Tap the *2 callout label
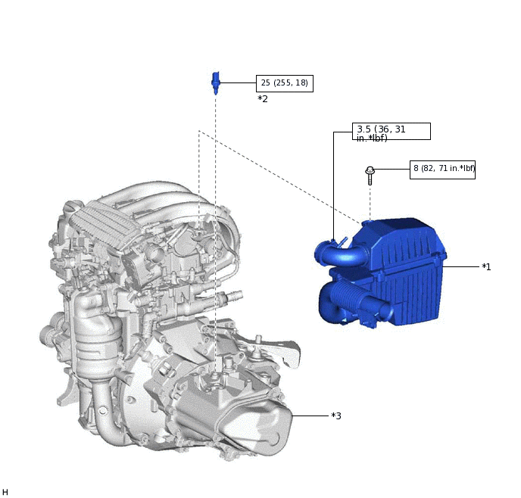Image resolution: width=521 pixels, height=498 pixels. [x=263, y=99]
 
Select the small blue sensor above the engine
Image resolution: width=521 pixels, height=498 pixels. [x=216, y=81]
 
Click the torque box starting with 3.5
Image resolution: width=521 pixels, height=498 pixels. [x=391, y=132]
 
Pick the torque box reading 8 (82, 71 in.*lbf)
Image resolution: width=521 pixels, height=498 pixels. [x=442, y=169]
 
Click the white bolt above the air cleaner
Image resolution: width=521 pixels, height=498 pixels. [x=370, y=176]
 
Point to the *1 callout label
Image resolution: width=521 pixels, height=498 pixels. [x=486, y=267]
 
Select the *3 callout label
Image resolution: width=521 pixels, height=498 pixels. [x=336, y=416]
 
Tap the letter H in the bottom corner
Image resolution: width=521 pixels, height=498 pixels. [x=5, y=492]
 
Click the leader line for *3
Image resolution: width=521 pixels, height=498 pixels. [x=310, y=416]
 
